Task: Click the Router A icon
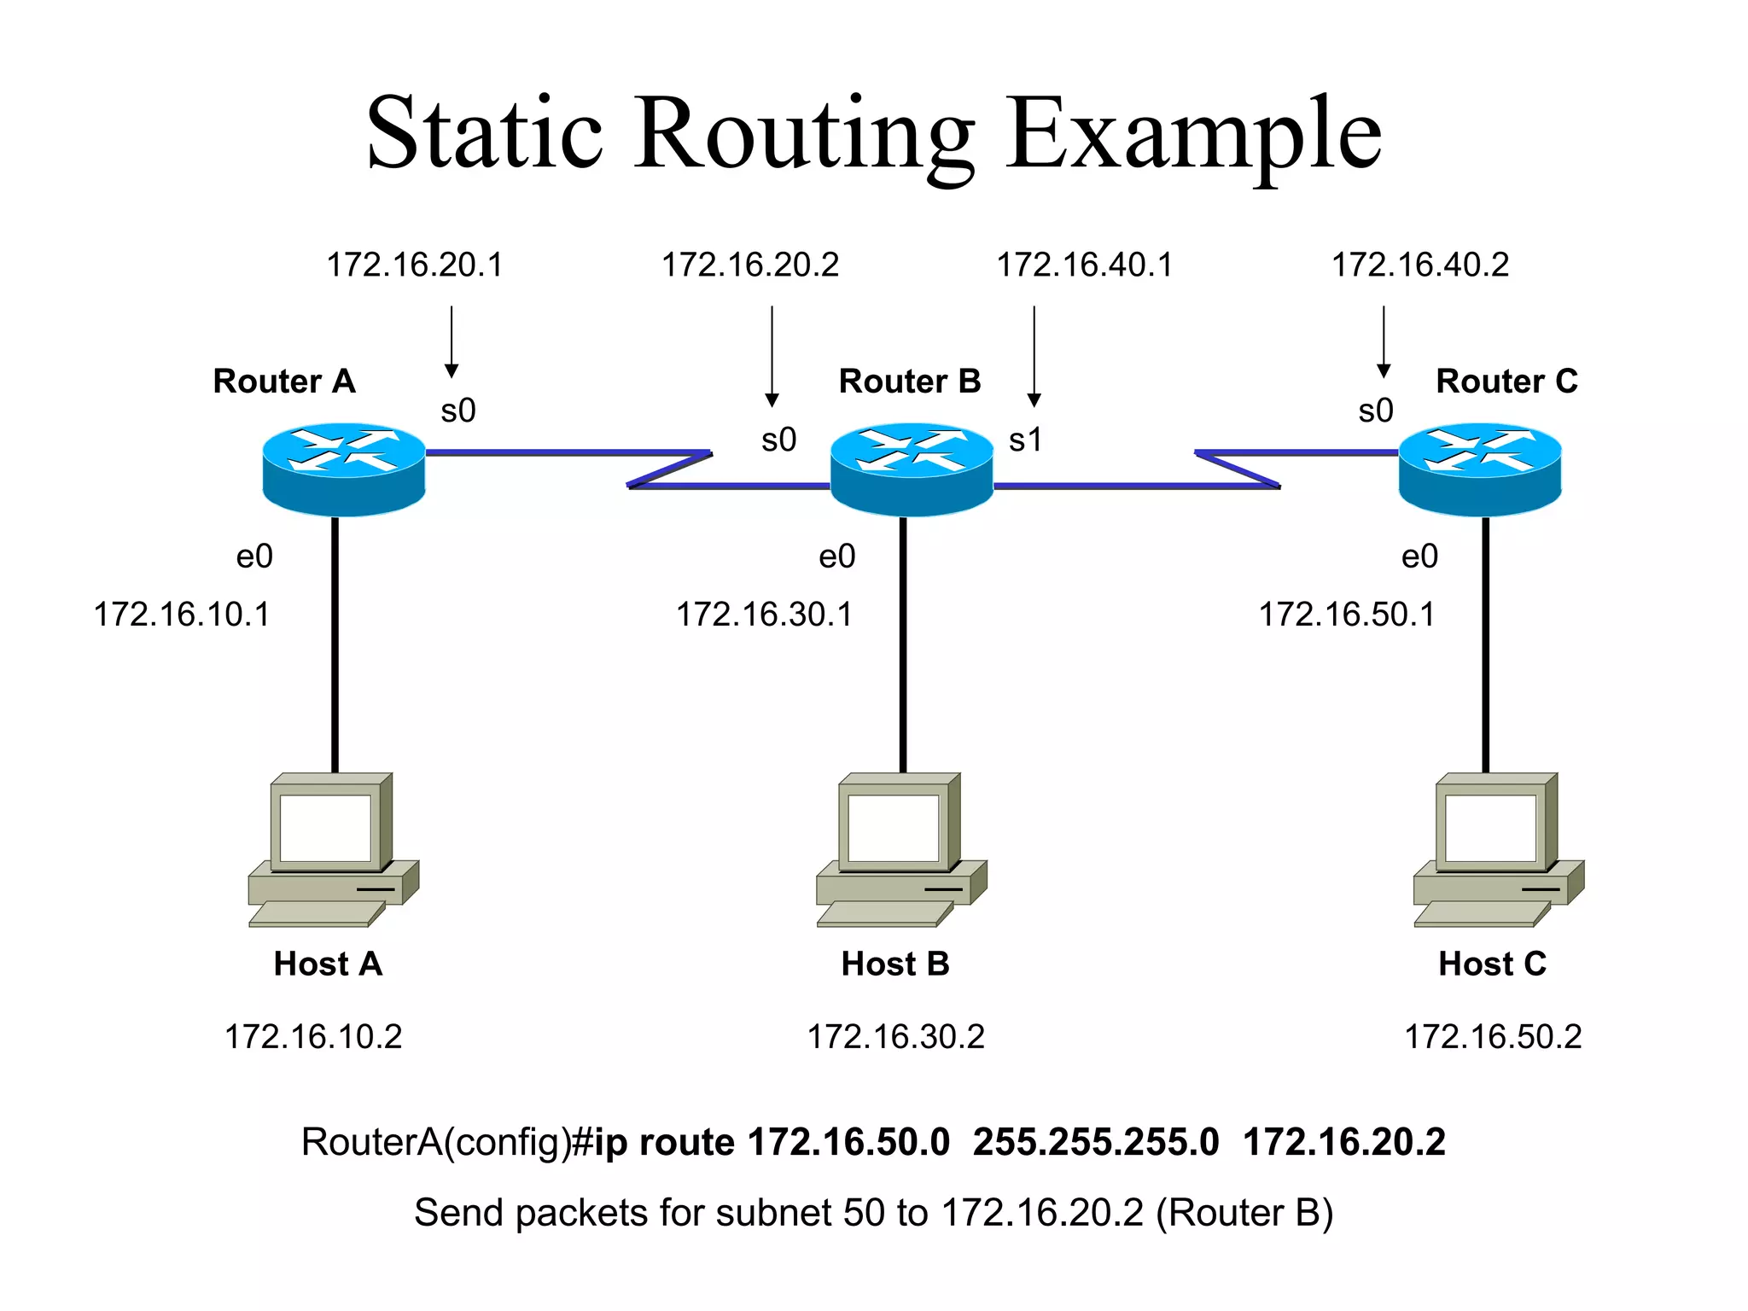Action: (x=343, y=469)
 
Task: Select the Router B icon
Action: (x=911, y=469)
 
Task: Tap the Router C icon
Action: (x=1480, y=469)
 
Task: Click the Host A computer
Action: (x=333, y=849)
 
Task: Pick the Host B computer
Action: (x=901, y=849)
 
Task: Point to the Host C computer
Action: (x=1498, y=849)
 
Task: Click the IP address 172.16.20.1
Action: (x=415, y=265)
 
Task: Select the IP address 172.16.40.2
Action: (x=1420, y=265)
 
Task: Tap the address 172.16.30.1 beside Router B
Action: (x=764, y=615)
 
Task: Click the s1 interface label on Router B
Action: (x=1025, y=440)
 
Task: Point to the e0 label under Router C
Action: (x=1419, y=556)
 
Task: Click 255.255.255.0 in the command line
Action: (x=1096, y=1142)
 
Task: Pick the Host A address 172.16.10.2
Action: (x=313, y=1037)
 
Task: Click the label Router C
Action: (x=1506, y=381)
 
